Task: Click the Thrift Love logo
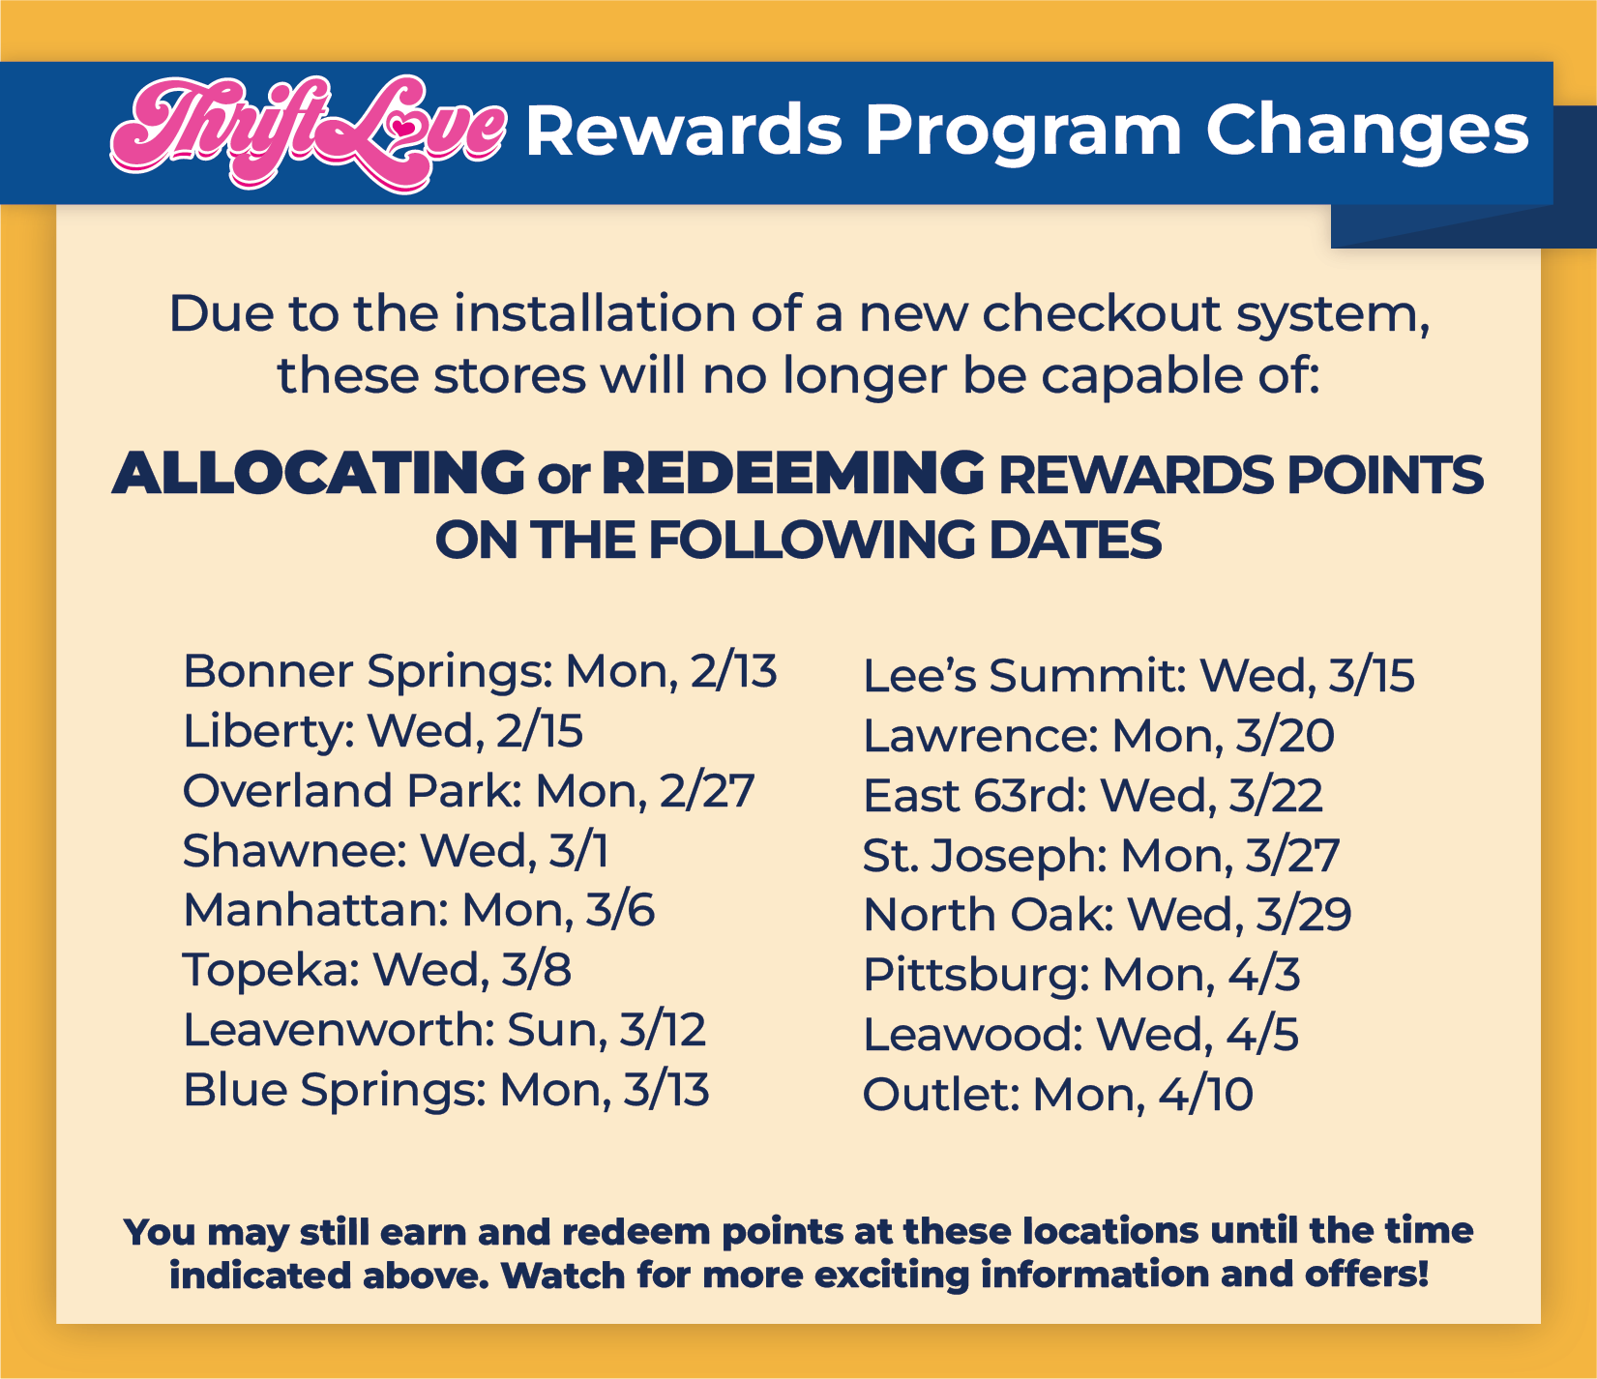point(308,133)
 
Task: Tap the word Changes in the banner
point(1367,132)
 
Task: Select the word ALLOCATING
point(318,474)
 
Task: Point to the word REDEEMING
point(793,474)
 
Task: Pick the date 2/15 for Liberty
point(540,731)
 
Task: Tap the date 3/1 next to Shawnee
point(578,851)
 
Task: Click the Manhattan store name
point(316,911)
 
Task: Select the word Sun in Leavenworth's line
point(550,1030)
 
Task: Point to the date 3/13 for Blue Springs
point(666,1090)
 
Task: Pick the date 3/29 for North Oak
point(1303,915)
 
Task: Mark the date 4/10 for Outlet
point(1205,1095)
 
